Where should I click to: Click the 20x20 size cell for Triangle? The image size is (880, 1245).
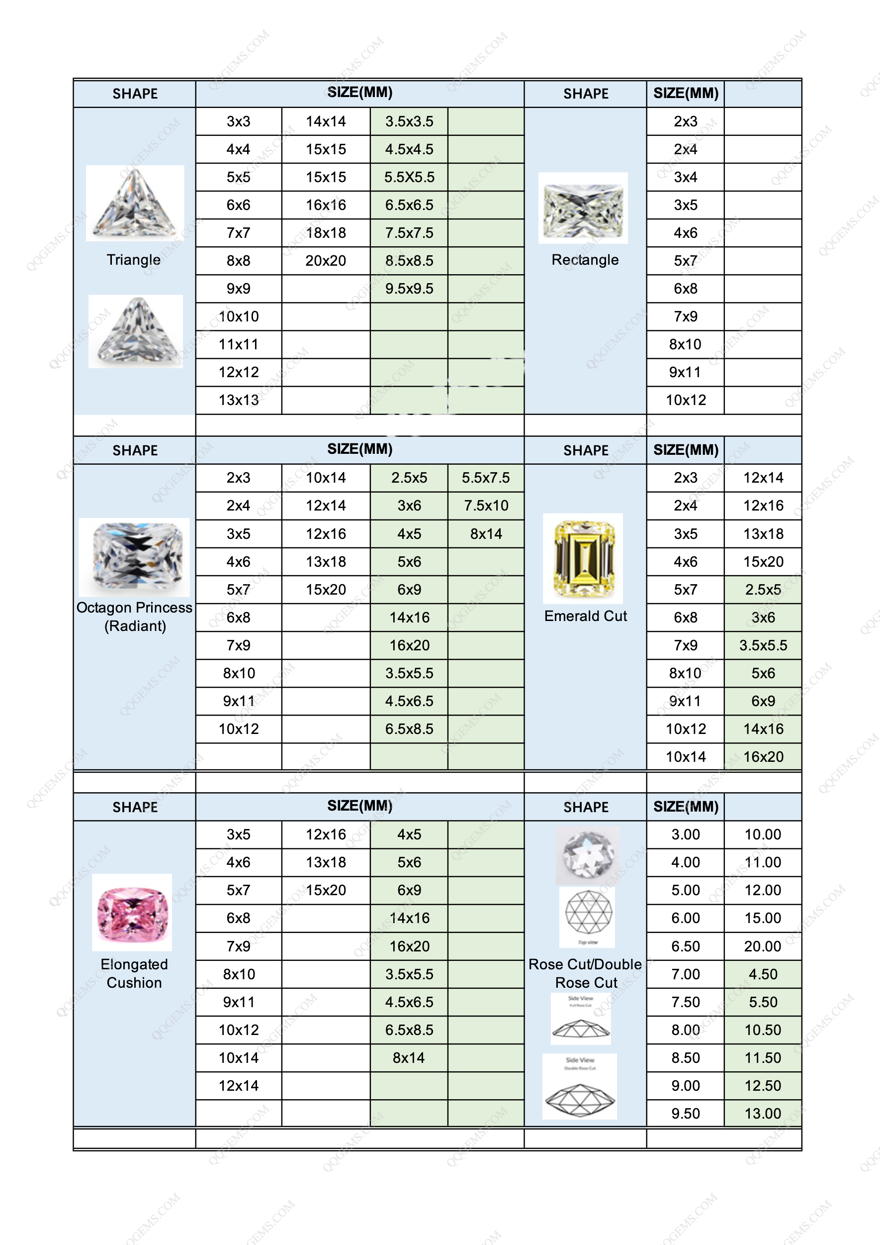(326, 261)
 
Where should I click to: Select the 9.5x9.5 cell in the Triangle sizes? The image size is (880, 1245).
(409, 289)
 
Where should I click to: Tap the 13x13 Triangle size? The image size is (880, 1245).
(239, 400)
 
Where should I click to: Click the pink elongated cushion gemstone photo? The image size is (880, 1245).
(132, 912)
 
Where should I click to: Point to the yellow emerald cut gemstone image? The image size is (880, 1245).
(583, 558)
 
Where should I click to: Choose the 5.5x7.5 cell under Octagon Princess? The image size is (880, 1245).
(486, 478)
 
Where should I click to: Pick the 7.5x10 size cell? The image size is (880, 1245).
(486, 506)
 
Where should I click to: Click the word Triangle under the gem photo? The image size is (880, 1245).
(133, 260)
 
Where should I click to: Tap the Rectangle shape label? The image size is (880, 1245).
(585, 260)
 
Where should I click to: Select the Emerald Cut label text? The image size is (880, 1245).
(585, 616)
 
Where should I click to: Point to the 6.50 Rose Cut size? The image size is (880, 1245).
(686, 946)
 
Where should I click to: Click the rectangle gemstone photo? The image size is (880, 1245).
(583, 208)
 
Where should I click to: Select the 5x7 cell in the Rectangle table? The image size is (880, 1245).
(686, 261)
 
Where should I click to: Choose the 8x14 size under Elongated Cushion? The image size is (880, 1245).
(409, 1058)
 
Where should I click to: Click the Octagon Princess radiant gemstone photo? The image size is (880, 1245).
(134, 557)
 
